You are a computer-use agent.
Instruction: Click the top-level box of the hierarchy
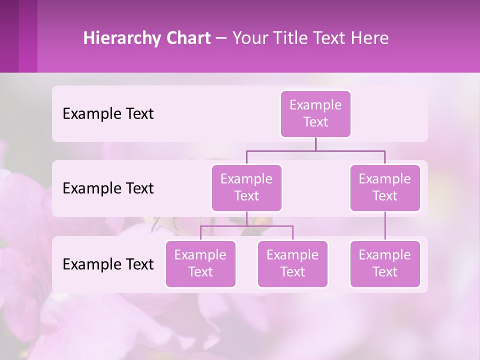click(x=315, y=114)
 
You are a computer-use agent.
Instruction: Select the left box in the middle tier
click(x=246, y=188)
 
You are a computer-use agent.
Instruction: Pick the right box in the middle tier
click(x=385, y=188)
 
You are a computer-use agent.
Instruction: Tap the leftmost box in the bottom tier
click(x=200, y=264)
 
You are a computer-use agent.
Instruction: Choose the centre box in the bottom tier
click(x=292, y=264)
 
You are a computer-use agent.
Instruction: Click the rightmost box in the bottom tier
click(x=385, y=264)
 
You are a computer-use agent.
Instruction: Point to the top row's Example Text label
click(x=108, y=114)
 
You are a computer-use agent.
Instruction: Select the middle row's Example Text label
click(x=108, y=188)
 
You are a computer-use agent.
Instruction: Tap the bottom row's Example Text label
click(x=108, y=264)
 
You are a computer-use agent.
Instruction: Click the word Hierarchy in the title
click(x=121, y=38)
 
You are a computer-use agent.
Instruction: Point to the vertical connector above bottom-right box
click(x=385, y=226)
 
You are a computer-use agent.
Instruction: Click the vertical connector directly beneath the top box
click(x=315, y=144)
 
